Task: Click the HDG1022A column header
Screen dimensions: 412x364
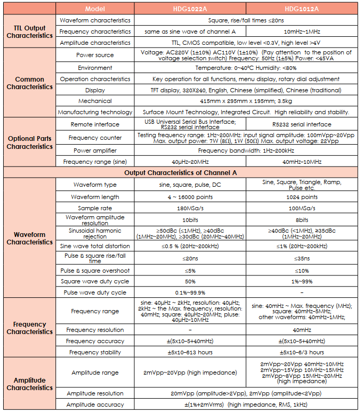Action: point(190,9)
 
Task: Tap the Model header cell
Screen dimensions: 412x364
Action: point(95,9)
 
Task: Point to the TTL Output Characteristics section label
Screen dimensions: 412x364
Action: point(29,31)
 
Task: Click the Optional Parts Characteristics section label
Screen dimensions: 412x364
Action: point(29,142)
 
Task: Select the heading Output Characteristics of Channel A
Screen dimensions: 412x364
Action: point(181,172)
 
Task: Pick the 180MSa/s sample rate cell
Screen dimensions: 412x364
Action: point(190,208)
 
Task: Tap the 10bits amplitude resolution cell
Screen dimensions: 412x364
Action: point(190,220)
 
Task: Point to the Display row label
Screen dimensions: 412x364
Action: point(95,90)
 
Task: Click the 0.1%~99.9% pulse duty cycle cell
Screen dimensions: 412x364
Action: point(190,292)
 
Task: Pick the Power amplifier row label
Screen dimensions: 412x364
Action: point(95,150)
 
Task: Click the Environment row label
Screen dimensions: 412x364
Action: point(95,68)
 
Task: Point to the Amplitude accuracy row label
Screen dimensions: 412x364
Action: point(95,405)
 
